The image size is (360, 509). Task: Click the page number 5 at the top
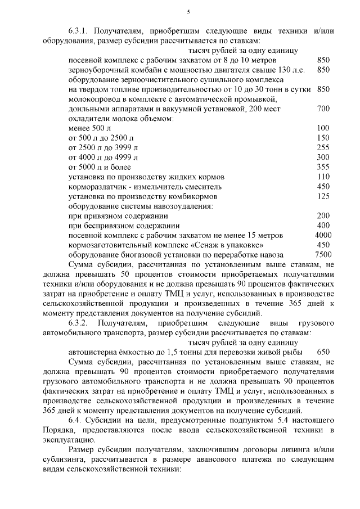[188, 12]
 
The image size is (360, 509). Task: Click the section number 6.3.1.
[79, 30]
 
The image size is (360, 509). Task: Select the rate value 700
[323, 109]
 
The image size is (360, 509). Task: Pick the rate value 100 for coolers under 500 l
[323, 128]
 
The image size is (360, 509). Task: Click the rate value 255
[323, 147]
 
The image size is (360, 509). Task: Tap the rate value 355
[323, 167]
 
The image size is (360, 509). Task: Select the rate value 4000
[323, 235]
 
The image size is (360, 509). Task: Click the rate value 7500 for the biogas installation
[323, 254]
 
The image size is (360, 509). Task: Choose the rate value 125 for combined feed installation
[323, 196]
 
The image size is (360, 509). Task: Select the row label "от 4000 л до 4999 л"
[102, 157]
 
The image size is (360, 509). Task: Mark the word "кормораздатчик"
[97, 186]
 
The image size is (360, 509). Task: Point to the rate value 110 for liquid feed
[323, 177]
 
